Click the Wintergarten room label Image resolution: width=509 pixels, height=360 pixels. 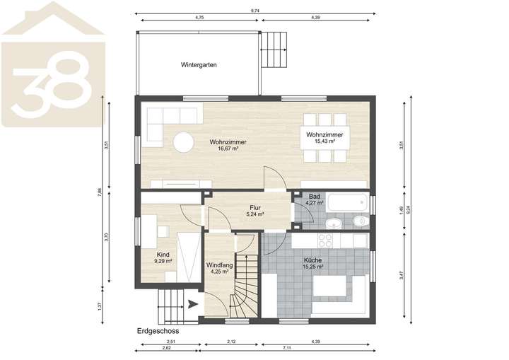(x=199, y=64)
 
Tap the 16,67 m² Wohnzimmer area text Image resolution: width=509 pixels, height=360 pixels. (x=228, y=149)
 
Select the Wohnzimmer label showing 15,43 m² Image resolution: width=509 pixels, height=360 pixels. (x=324, y=134)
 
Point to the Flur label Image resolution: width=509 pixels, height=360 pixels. (x=255, y=207)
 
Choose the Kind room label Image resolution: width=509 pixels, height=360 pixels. (x=163, y=255)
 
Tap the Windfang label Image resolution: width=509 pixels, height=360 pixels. (x=219, y=266)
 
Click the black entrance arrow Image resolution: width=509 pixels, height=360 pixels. (x=193, y=306)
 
